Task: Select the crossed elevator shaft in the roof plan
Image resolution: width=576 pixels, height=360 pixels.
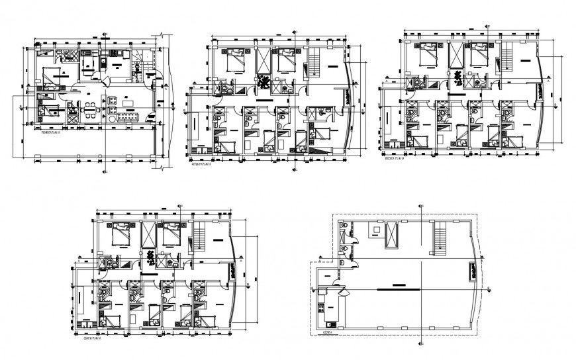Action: (x=393, y=236)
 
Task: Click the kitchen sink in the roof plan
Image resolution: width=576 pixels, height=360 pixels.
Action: (x=321, y=291)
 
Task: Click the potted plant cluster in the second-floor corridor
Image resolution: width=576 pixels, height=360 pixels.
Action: (x=264, y=82)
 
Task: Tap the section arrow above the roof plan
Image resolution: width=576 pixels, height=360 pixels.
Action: (x=422, y=206)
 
